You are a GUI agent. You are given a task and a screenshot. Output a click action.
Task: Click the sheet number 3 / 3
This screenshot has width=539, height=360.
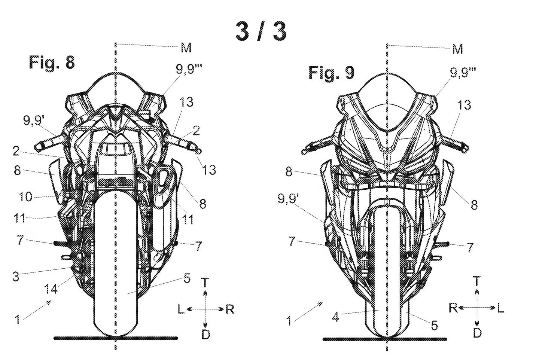[261, 31]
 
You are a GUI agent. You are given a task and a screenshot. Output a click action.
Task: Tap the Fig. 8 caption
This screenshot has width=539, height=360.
[52, 62]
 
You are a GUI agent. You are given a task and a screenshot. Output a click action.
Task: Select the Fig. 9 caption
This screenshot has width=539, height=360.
[331, 73]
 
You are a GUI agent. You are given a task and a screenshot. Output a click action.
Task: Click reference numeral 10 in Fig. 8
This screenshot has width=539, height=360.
[25, 196]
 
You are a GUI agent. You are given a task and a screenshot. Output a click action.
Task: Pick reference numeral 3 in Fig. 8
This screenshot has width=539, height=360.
[16, 277]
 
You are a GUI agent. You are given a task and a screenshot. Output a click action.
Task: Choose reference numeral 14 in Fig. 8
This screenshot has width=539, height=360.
[51, 289]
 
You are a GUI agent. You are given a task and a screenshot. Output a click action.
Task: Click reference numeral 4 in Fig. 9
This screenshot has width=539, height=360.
[336, 317]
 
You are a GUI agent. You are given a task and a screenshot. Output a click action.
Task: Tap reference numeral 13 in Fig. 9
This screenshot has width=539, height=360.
[464, 105]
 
